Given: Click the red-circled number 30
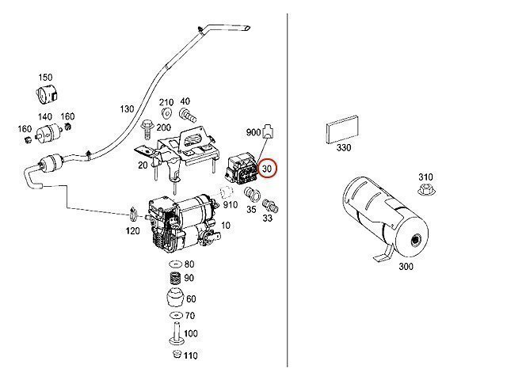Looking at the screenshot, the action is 267,169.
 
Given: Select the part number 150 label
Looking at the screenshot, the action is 45,78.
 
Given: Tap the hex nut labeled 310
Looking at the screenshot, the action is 426,189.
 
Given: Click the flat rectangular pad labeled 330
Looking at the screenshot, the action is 342,129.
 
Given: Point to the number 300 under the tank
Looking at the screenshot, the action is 406,267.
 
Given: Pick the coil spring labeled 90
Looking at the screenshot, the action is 176,278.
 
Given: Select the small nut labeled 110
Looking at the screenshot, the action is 177,354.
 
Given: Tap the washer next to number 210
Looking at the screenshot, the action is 166,112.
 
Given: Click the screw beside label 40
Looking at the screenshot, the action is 188,115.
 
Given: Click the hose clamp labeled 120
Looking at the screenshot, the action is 133,213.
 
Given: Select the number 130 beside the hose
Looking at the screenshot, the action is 127,109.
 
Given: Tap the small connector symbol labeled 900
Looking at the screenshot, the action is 269,131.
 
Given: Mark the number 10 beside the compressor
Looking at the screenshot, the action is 226,225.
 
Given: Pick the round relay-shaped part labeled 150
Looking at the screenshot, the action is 46,93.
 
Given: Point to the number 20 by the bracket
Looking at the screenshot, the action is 143,165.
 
